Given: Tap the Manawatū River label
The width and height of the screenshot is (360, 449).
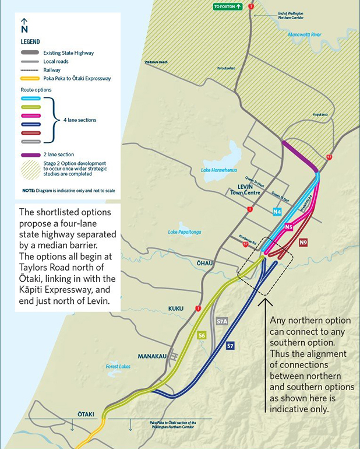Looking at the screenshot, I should pos(304,34).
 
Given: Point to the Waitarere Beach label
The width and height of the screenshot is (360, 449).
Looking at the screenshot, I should pos(156,62).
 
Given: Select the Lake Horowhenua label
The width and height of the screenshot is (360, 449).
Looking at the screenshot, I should pos(214,170).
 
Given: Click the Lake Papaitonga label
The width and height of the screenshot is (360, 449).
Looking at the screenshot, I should pos(183,231).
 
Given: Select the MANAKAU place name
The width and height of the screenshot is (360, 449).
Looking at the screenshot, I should pos(151,356).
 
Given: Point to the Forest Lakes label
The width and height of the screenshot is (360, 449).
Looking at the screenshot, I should pos(118,366).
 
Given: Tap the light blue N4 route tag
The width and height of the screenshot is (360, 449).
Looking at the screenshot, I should pos(277,212).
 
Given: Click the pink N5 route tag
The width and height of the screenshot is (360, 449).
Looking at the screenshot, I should pos(288,227).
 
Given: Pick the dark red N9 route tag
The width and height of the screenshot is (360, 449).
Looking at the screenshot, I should pos(303,242).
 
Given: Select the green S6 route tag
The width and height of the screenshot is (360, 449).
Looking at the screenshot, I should pos(202,335).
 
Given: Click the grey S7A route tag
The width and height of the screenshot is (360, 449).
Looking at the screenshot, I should pos(222,321).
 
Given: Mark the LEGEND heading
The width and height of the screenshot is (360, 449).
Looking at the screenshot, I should pos(30,42).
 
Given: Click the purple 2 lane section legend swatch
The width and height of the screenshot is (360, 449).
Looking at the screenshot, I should pos(30,155).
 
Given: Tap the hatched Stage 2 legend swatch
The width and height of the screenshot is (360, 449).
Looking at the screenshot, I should pos(30,168).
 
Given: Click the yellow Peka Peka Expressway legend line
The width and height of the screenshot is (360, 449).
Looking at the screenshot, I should pos(30,78).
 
